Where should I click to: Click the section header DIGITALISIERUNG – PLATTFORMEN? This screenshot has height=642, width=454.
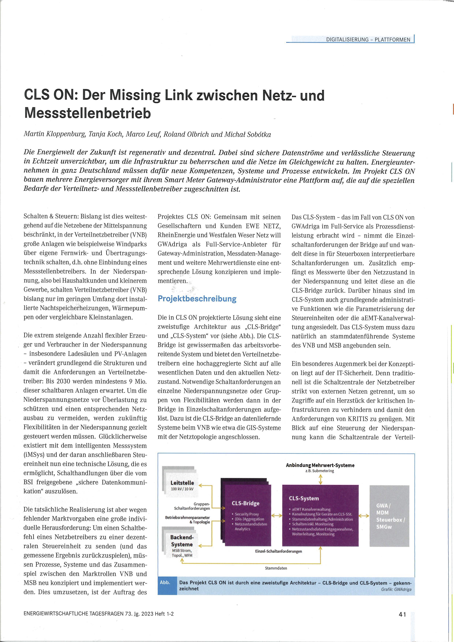(x=368, y=40)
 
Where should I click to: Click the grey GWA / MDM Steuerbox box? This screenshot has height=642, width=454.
(x=389, y=516)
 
